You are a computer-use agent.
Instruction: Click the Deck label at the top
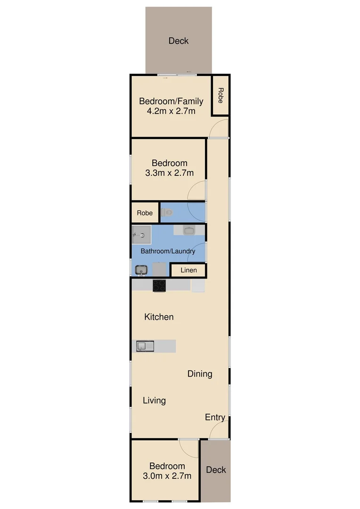point(179,41)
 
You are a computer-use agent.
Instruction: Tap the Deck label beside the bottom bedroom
point(216,469)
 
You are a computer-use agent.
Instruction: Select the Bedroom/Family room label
point(171,101)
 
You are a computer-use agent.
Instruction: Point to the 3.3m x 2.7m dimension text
point(170,173)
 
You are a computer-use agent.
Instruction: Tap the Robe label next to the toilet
point(145,213)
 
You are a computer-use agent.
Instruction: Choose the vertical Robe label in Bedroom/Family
point(220,96)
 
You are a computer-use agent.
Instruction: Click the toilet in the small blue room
point(167,213)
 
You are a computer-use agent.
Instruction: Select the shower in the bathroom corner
point(141,234)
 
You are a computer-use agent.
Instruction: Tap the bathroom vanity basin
point(189,230)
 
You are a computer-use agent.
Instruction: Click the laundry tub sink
point(141,270)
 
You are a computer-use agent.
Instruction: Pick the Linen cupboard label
point(188,271)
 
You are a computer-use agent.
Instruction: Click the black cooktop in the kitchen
point(159,286)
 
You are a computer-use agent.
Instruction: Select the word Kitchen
point(159,317)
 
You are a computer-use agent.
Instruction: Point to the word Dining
point(200,374)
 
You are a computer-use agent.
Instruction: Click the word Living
point(154,401)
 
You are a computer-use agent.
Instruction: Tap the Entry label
point(215,418)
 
